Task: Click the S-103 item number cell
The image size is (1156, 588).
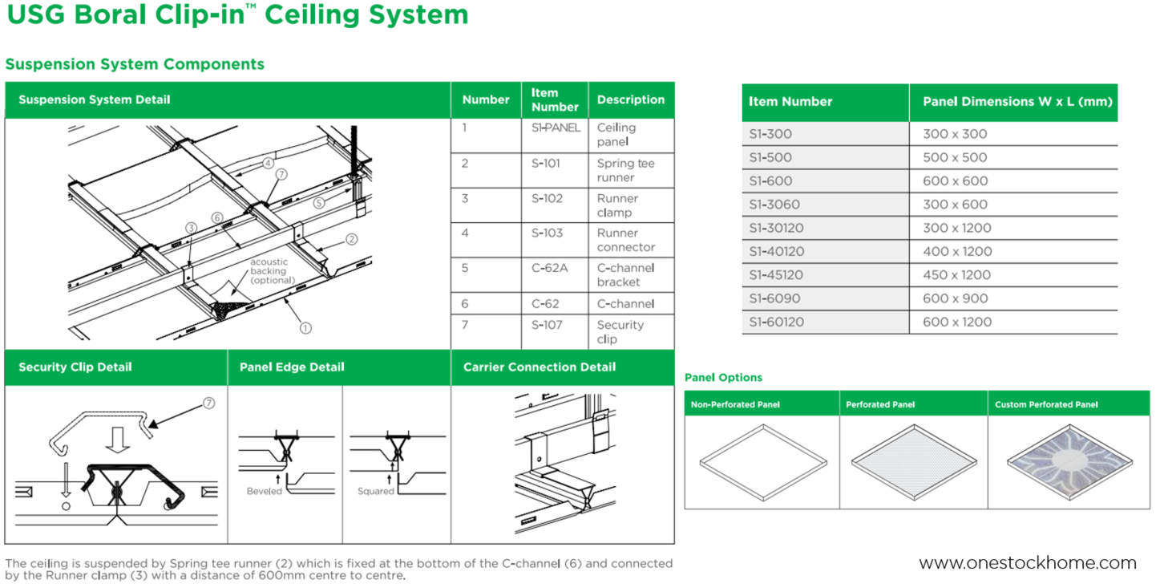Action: click(x=548, y=233)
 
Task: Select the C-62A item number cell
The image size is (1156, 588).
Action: click(x=549, y=268)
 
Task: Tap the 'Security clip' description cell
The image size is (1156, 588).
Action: click(x=620, y=331)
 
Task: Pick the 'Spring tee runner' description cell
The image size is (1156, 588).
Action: click(x=625, y=170)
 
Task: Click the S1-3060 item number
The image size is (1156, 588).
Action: click(x=774, y=205)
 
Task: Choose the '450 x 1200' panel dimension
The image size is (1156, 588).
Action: click(x=957, y=275)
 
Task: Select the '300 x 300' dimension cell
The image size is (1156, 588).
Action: click(x=955, y=134)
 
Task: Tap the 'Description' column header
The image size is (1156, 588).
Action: click(x=631, y=100)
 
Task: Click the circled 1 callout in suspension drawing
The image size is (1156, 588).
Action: click(x=305, y=327)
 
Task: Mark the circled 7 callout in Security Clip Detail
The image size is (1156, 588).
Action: click(x=209, y=403)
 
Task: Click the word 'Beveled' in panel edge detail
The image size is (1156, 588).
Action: click(x=264, y=491)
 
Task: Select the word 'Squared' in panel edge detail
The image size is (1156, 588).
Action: click(x=375, y=491)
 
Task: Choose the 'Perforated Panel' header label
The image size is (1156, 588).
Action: click(x=880, y=404)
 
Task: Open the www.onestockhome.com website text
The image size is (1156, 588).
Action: click(x=1027, y=563)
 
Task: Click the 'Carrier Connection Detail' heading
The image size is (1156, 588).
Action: click(x=540, y=367)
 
